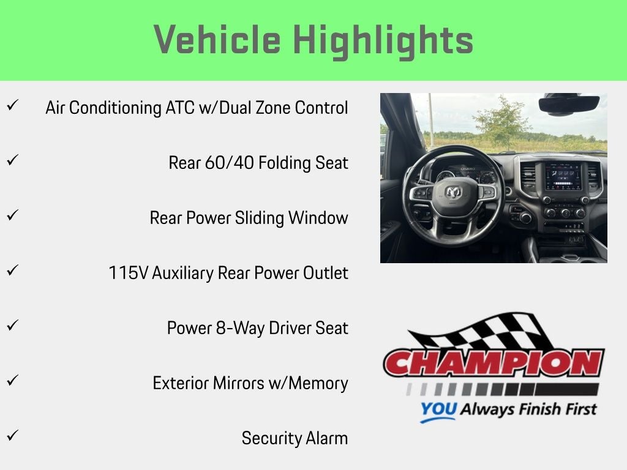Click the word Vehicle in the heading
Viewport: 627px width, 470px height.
217,39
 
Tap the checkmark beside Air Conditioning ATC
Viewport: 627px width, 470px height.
12,105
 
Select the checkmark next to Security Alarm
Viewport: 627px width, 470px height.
12,435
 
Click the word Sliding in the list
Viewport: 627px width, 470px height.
259,218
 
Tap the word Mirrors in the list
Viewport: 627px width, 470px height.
238,383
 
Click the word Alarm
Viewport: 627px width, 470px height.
326,438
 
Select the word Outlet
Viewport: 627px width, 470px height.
325,273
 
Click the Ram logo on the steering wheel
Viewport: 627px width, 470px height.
454,193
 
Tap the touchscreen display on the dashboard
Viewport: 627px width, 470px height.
563,176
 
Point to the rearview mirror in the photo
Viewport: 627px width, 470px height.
569,105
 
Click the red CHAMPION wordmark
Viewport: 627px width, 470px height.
494,364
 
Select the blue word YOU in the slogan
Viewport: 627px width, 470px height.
438,409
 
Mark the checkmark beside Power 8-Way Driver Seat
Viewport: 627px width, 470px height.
12,325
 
